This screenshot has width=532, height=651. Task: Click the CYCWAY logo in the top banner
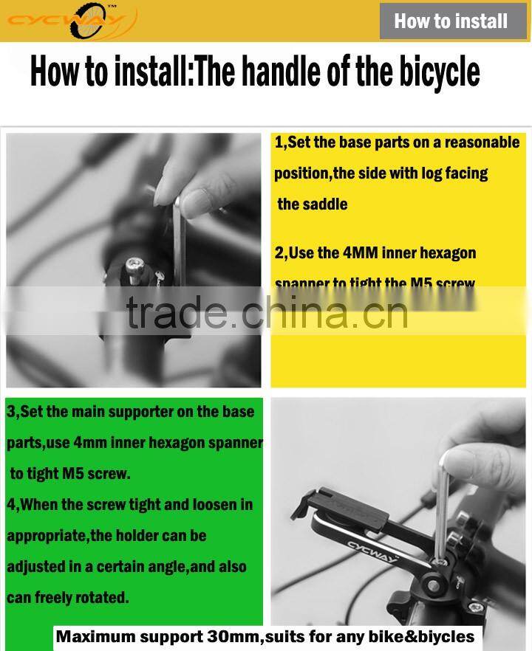(x=72, y=21)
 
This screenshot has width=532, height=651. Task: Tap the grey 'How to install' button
(x=451, y=21)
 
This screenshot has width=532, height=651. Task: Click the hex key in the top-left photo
(x=178, y=244)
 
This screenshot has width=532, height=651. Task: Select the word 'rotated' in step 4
(x=103, y=597)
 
